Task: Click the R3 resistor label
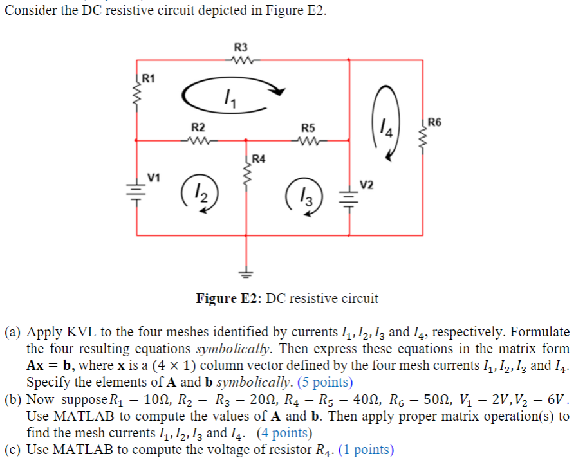click(x=241, y=47)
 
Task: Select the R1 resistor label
click(x=148, y=79)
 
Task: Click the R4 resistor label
click(x=258, y=158)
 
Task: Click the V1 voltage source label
click(x=154, y=175)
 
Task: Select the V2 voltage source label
click(x=366, y=185)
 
